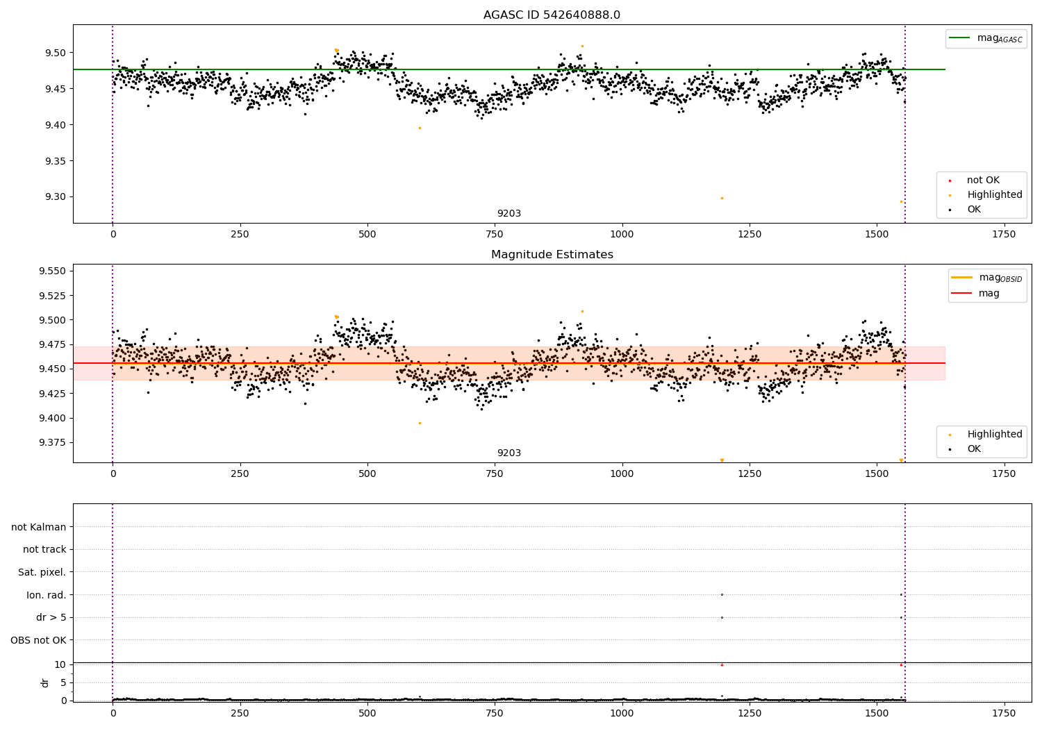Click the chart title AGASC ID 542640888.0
click(552, 15)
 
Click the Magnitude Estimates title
click(552, 255)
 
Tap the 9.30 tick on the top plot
click(54, 197)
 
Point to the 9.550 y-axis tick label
click(52, 271)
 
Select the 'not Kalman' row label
click(39, 527)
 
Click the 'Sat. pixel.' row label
click(42, 572)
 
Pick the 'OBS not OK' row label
click(38, 640)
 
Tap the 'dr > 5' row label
click(51, 617)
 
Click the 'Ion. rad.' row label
click(46, 595)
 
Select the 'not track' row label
click(44, 549)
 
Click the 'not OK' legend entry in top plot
click(982, 181)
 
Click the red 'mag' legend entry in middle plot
click(989, 294)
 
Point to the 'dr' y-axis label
click(45, 682)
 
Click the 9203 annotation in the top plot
click(508, 214)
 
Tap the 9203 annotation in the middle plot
click(508, 453)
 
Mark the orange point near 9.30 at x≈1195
click(722, 198)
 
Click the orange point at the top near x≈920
click(582, 46)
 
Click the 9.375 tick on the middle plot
click(52, 443)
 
